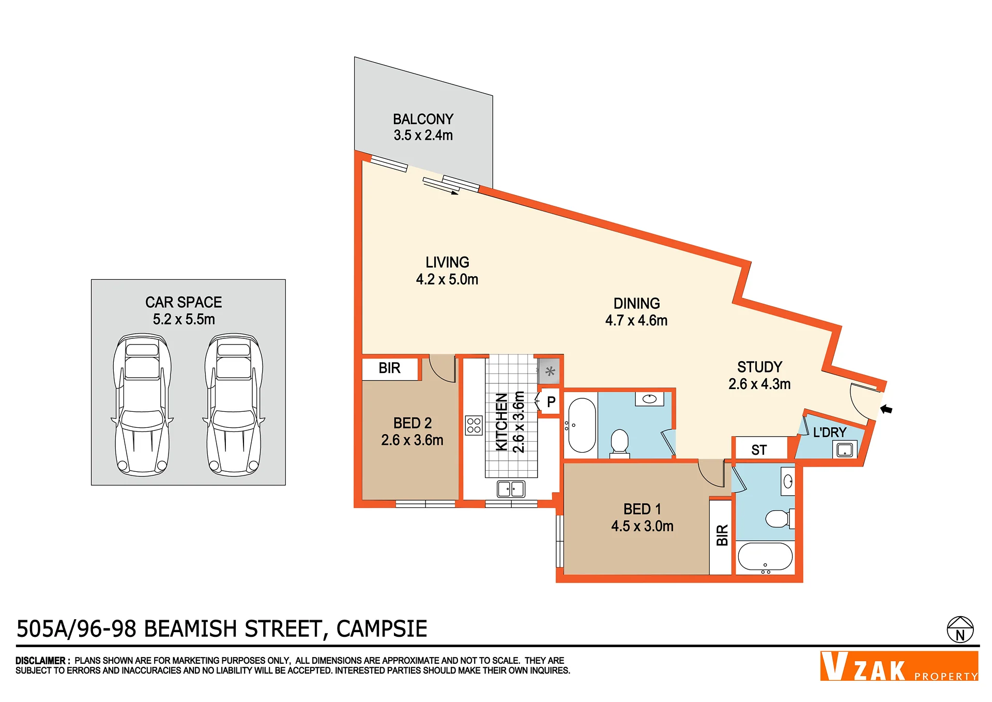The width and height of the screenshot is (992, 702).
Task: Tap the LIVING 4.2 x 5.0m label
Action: click(447, 271)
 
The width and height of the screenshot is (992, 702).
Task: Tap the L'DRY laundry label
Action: click(830, 432)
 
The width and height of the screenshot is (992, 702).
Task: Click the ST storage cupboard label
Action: click(759, 450)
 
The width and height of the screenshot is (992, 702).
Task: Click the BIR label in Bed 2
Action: click(389, 368)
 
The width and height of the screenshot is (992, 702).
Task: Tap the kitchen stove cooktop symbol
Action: click(474, 425)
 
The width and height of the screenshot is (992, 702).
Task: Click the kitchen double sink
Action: click(511, 489)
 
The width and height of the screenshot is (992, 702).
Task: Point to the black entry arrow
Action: click(886, 409)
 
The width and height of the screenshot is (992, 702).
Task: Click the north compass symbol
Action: click(960, 630)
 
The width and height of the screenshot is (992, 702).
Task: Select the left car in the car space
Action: click(142, 405)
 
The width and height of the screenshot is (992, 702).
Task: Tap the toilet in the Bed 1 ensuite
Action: click(780, 518)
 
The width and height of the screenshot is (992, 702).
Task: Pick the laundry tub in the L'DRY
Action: click(845, 450)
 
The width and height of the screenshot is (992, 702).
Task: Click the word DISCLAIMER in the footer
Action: click(40, 661)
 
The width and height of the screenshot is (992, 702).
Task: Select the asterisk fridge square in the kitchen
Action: click(550, 371)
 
